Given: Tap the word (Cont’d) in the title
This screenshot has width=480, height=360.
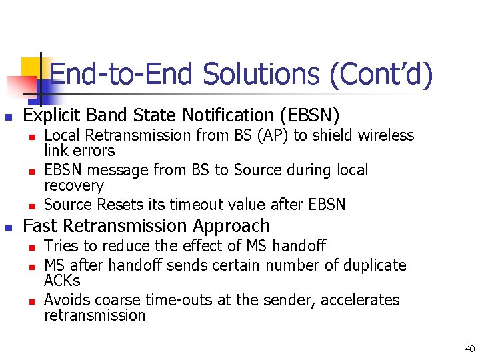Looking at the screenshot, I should (x=381, y=74).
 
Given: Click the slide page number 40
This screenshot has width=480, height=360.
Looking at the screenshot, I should (x=470, y=348).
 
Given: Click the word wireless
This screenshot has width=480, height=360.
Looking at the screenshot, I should (x=385, y=136).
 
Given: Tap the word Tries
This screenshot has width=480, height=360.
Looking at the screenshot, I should (x=61, y=246).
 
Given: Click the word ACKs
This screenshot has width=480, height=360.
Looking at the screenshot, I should (x=62, y=281).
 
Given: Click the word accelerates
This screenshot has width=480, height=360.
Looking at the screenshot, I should (x=360, y=300).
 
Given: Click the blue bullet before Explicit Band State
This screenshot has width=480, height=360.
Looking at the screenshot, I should (x=9, y=117).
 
